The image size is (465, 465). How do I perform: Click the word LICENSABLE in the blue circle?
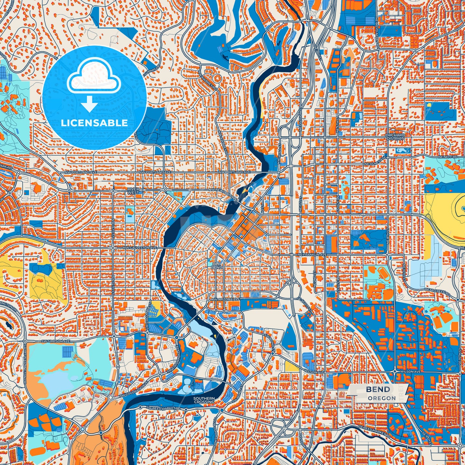(94, 123)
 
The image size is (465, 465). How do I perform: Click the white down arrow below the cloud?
(89, 105)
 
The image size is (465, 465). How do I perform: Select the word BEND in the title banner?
(378, 389)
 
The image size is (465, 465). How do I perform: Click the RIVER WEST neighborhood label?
(133, 191)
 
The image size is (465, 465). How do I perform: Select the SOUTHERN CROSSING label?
(204, 400)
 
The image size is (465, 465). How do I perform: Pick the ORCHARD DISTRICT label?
(395, 137)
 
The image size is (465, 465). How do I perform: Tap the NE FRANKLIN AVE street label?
(312, 255)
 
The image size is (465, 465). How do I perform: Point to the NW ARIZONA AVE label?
(225, 299)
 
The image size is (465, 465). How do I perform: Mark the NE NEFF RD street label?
(448, 156)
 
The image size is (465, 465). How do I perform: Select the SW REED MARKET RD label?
(163, 408)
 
